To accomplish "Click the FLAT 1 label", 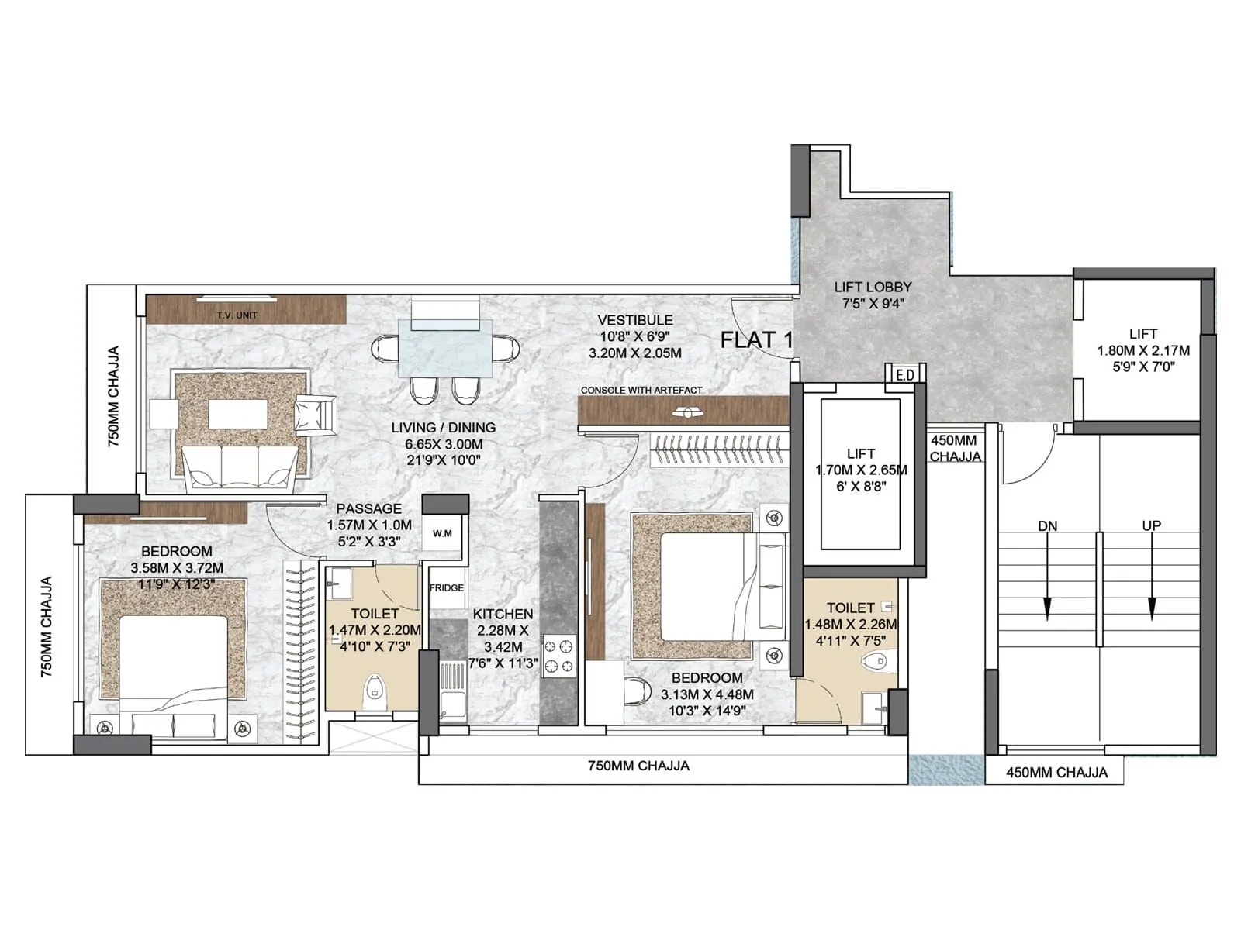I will [x=756, y=339].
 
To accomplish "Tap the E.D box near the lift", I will [x=904, y=374].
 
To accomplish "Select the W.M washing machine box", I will [x=443, y=534].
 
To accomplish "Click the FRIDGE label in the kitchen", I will [x=447, y=588].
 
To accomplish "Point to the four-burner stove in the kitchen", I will [x=559, y=655].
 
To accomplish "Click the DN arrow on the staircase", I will [x=1048, y=573].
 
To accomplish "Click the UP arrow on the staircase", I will [x=1152, y=573].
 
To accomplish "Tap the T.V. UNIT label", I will [x=237, y=315].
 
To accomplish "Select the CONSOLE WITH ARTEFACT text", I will [x=641, y=390].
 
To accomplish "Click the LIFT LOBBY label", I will [x=873, y=287].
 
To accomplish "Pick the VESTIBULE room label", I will [x=634, y=320].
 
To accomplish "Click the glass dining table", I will [x=445, y=347].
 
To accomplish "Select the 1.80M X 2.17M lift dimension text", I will [x=1142, y=350].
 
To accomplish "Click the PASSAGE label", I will [x=368, y=508].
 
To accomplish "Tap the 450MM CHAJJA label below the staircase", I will [x=1056, y=772].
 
